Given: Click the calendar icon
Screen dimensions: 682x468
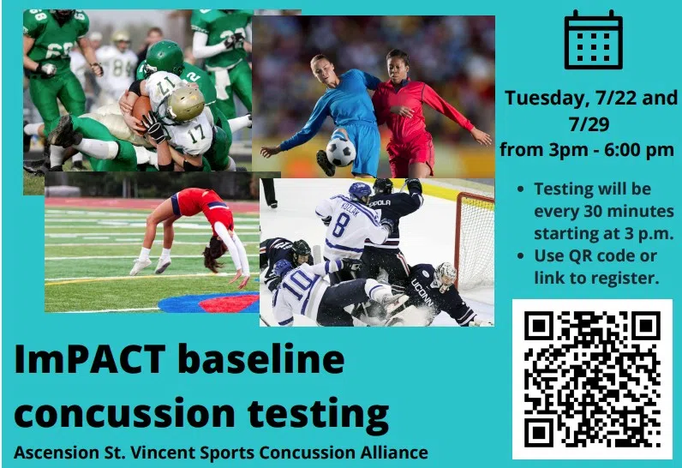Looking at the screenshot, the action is pyautogui.click(x=593, y=40).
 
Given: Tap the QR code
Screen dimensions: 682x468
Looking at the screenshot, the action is pyautogui.click(x=592, y=379).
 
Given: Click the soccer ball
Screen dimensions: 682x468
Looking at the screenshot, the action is pyautogui.click(x=340, y=152).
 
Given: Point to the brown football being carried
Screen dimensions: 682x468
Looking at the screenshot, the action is pyautogui.click(x=141, y=110).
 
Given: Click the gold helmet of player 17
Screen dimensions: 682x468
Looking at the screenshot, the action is pyautogui.click(x=186, y=104).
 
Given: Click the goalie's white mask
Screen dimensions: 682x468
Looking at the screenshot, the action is pyautogui.click(x=446, y=275).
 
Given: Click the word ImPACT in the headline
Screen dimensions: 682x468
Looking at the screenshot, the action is pyautogui.click(x=90, y=360).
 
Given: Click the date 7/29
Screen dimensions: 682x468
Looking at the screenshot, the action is pyautogui.click(x=589, y=124).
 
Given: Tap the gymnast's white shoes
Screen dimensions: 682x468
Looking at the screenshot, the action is pyautogui.click(x=151, y=266).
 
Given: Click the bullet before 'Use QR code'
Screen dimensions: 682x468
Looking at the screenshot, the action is pyautogui.click(x=521, y=255).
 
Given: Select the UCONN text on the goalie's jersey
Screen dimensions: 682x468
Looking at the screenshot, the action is pyautogui.click(x=422, y=293).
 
